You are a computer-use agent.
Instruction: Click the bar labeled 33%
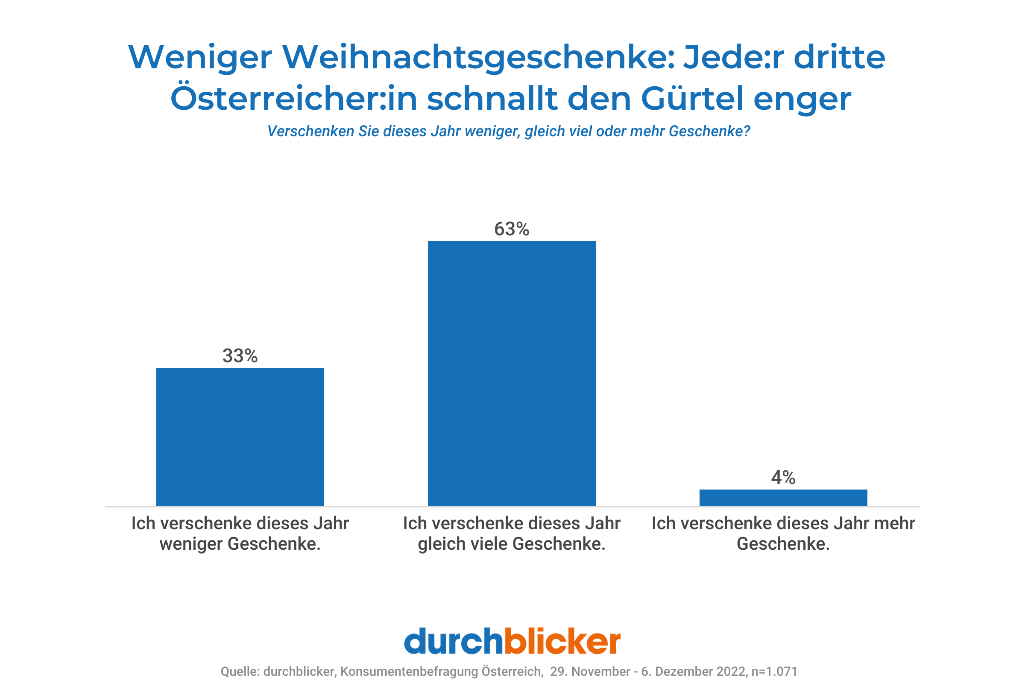[x=240, y=437]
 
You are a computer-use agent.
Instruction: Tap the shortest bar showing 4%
[x=783, y=498]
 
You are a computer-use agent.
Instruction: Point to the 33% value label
[x=240, y=355]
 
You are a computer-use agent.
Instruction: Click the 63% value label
[x=512, y=229]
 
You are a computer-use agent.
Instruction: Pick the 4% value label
[x=783, y=477]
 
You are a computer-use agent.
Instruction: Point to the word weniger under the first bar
[x=191, y=544]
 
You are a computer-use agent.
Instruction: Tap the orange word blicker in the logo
[x=562, y=641]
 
